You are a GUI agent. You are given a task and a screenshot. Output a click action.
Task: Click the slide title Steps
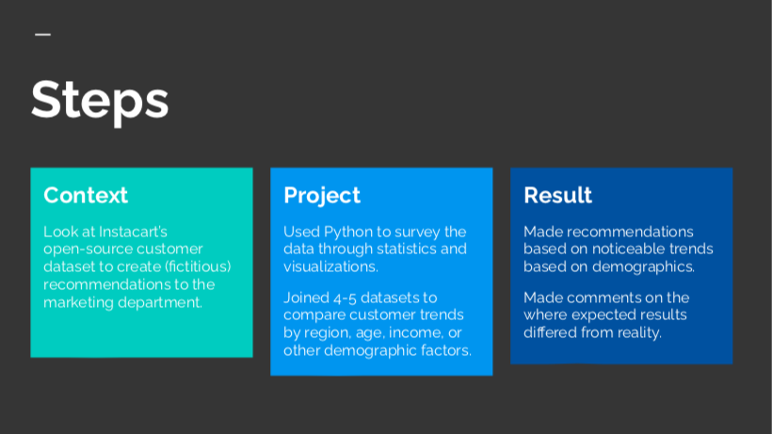point(100,101)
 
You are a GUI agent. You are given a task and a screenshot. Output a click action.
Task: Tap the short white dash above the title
point(42,35)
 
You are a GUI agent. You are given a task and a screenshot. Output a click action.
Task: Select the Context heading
point(86,196)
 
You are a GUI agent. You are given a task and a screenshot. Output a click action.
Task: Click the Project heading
point(322,196)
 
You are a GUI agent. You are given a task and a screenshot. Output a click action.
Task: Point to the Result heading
point(558,196)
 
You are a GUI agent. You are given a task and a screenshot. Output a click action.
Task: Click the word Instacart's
point(133,232)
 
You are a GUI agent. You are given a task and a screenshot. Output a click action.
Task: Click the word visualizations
point(330,266)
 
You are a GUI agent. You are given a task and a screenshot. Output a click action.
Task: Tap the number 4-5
point(345,297)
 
